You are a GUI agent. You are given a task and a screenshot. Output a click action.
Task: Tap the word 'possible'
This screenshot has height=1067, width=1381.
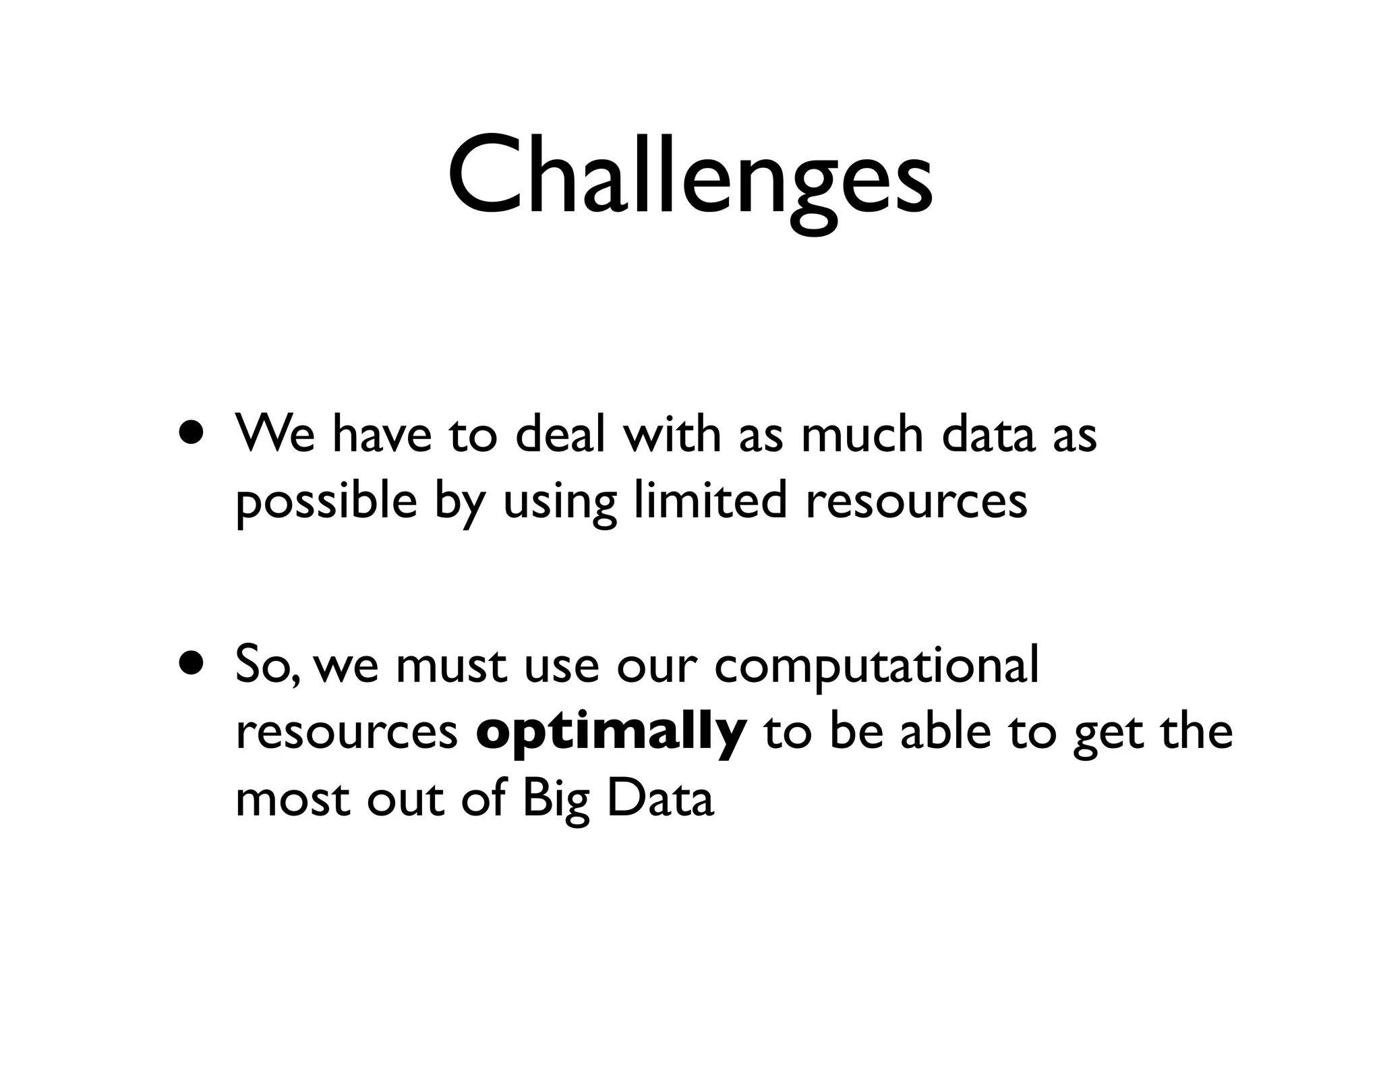pos(326,502)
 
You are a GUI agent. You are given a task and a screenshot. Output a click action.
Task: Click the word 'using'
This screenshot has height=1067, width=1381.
pos(560,504)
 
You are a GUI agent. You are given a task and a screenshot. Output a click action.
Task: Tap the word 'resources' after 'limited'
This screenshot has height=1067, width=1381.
pos(916,502)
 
